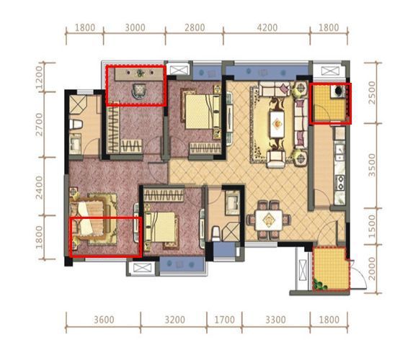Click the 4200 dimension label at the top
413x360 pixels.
[x=267, y=27]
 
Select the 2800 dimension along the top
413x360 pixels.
[x=195, y=27]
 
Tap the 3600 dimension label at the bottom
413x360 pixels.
[x=104, y=320]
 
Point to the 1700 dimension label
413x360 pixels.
[x=224, y=320]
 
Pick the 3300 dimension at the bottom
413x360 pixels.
[x=275, y=320]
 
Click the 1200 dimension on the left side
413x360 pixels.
[x=39, y=77]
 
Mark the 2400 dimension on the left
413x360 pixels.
[x=39, y=188]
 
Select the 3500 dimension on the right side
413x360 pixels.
[x=372, y=166]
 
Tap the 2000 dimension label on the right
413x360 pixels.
[x=372, y=269]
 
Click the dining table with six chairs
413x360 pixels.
[x=269, y=220]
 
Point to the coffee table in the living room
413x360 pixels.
[x=277, y=124]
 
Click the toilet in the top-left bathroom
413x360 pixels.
[x=76, y=125]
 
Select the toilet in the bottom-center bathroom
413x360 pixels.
[x=216, y=233]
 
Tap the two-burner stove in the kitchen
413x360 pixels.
[x=340, y=183]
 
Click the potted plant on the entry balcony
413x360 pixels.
[x=320, y=285]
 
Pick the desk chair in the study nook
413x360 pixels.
[x=139, y=91]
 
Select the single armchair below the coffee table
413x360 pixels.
[x=276, y=158]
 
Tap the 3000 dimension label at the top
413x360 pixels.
[x=135, y=27]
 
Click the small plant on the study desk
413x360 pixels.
[x=140, y=73]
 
